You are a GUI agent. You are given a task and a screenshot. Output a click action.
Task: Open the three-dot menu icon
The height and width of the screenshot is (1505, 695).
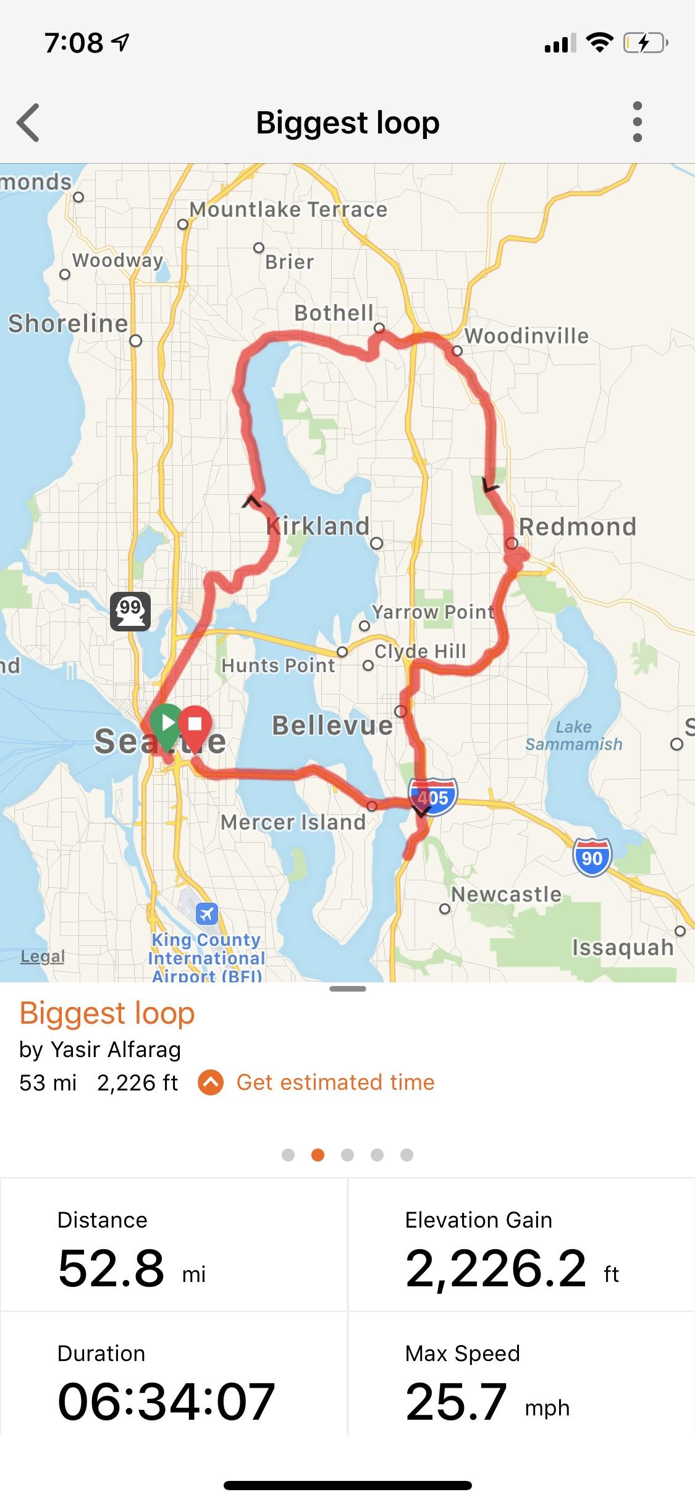pos(638,122)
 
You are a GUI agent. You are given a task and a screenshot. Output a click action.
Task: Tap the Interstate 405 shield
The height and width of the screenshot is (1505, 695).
pos(433,796)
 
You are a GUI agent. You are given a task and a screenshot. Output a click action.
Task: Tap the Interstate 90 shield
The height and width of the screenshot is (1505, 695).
pos(592,858)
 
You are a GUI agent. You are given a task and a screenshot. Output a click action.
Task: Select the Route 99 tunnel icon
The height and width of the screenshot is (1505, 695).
pos(130,611)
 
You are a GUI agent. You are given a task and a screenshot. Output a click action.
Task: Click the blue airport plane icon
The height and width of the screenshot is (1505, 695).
pos(206,913)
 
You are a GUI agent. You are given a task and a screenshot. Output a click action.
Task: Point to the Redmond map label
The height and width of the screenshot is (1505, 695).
pos(578,526)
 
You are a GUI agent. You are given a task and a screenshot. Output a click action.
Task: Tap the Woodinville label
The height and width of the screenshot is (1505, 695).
pos(526,335)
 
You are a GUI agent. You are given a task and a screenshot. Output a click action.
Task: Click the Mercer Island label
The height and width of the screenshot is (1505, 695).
pos(293,822)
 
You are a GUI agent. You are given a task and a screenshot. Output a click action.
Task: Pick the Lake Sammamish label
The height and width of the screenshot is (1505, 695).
pos(574,735)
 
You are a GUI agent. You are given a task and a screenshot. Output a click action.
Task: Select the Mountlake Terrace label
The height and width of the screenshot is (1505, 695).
pos(289,209)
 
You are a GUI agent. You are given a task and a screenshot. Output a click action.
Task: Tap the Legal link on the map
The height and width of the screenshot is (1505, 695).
pos(43,956)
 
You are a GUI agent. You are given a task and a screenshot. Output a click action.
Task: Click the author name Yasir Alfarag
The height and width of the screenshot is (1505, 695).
pos(116,1049)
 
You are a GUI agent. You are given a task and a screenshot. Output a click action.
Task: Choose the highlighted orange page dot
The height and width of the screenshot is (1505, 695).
pos(318,1155)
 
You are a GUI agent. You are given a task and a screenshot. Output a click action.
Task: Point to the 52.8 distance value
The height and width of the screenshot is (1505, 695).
pos(112,1268)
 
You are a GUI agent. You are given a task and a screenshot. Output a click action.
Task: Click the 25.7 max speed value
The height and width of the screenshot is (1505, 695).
pos(457,1402)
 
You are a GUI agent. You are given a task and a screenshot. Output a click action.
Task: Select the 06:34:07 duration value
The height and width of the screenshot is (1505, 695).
pos(166,1402)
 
